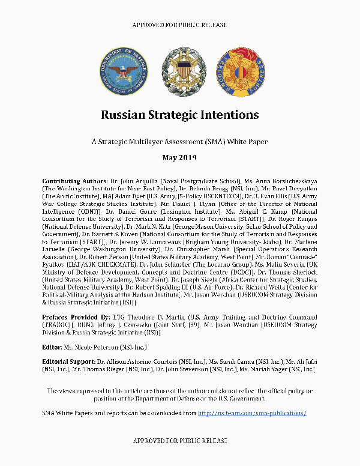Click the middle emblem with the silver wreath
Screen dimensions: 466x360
click(x=181, y=71)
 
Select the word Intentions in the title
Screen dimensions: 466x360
click(x=231, y=114)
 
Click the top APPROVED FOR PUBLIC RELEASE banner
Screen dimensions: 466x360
click(x=179, y=25)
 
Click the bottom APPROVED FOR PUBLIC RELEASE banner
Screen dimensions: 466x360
click(x=179, y=441)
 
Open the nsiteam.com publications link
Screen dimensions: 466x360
click(x=252, y=413)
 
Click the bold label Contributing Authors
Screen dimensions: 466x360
click(x=74, y=181)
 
